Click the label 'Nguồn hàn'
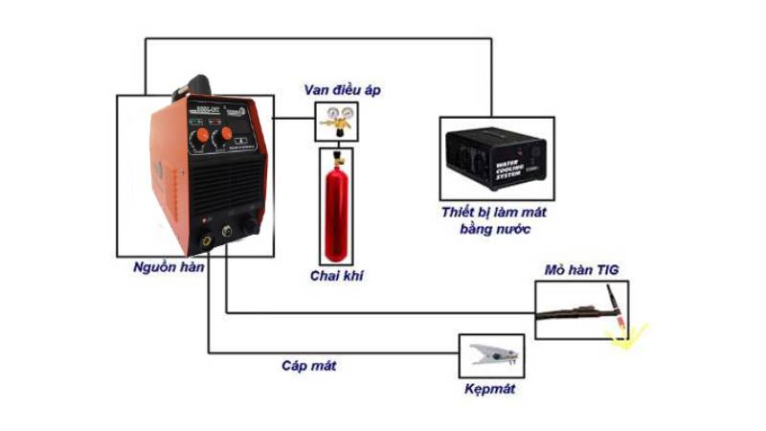tap(169, 267)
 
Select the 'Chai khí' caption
tap(337, 276)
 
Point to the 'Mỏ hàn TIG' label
tap(582, 272)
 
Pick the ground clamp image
tap(492, 356)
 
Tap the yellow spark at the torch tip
tap(628, 334)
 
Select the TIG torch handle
tap(574, 309)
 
